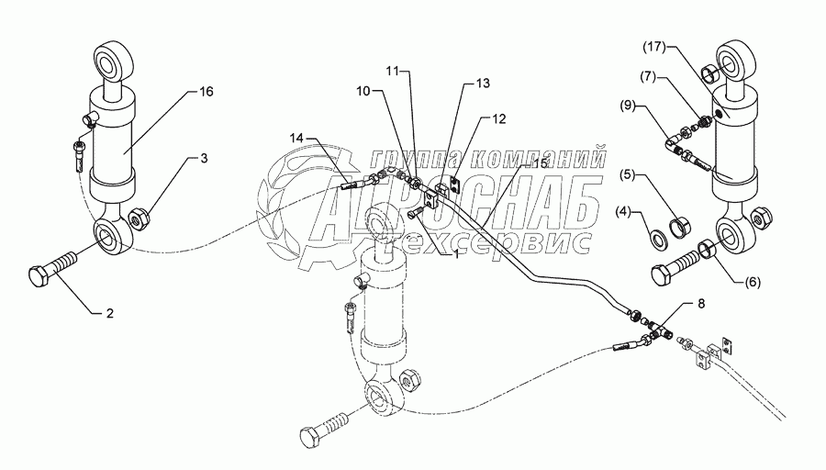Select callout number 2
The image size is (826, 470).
coord(109,314)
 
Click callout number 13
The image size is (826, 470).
coord(482,83)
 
